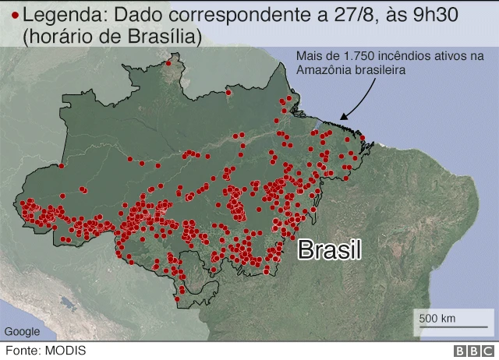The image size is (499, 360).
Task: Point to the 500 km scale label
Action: [437, 318]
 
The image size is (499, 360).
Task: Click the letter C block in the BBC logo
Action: [487, 351]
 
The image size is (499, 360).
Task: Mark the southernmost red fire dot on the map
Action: [178, 299]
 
